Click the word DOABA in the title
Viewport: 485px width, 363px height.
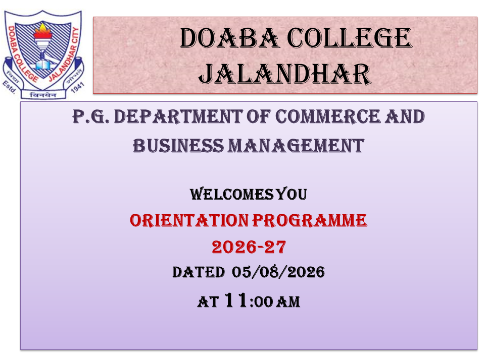click(x=229, y=38)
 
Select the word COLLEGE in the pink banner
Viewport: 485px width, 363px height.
click(x=350, y=38)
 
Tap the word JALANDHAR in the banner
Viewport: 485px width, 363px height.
click(x=285, y=74)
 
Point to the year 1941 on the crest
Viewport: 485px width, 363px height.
click(x=77, y=87)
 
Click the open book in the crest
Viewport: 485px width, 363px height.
click(x=42, y=65)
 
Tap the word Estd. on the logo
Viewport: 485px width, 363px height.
click(x=9, y=87)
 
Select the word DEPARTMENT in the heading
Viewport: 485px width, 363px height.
click(x=178, y=116)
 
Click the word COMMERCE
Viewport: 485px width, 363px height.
click(x=327, y=116)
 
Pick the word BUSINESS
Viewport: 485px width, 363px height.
click(x=178, y=146)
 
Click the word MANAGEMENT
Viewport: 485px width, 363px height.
click(x=296, y=146)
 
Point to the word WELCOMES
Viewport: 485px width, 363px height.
click(x=232, y=194)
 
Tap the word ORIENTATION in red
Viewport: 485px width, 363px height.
click(x=189, y=220)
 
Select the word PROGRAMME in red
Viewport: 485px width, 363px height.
click(x=310, y=220)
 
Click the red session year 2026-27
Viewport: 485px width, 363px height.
click(x=249, y=247)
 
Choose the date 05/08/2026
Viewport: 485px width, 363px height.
click(x=278, y=272)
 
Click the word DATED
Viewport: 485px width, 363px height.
click(x=199, y=272)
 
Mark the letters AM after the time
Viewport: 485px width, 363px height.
click(x=288, y=301)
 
